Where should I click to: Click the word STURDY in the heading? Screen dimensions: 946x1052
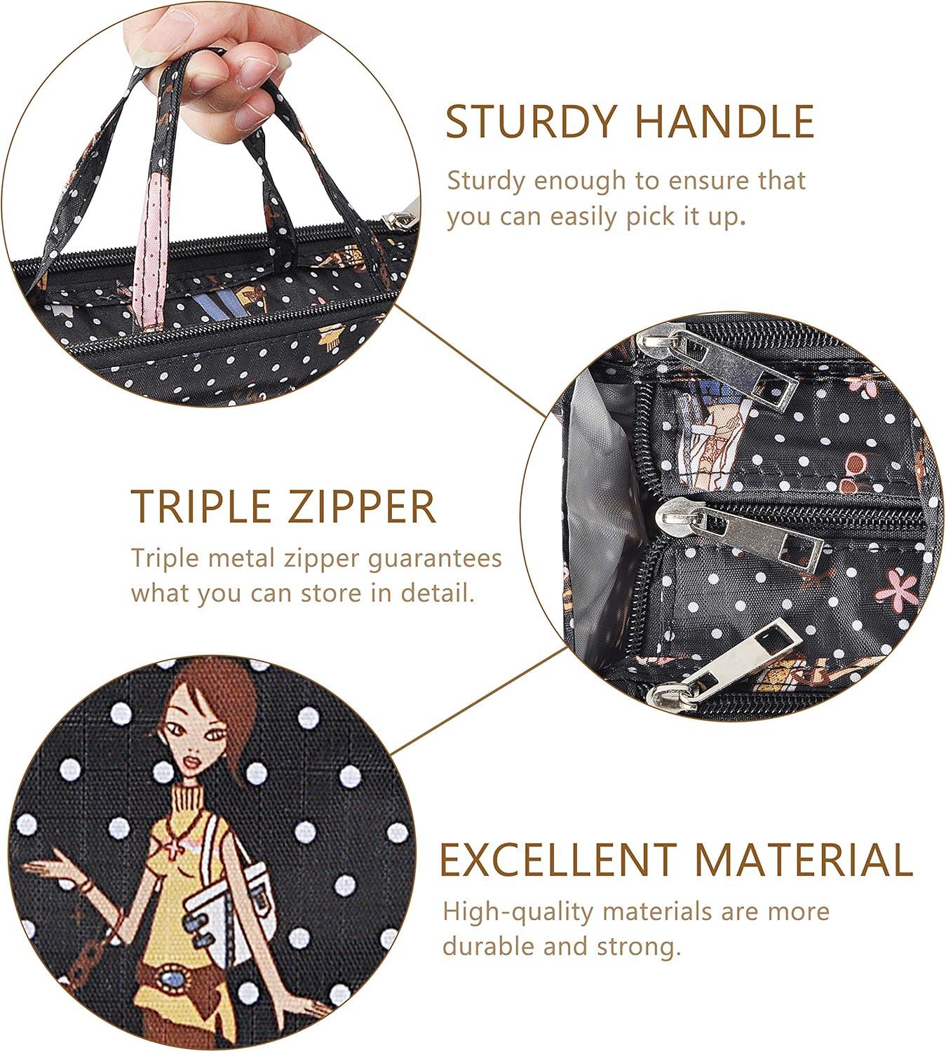(x=531, y=121)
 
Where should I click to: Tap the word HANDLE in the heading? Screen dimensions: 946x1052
(x=724, y=121)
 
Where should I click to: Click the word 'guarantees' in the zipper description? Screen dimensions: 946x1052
(x=435, y=560)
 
